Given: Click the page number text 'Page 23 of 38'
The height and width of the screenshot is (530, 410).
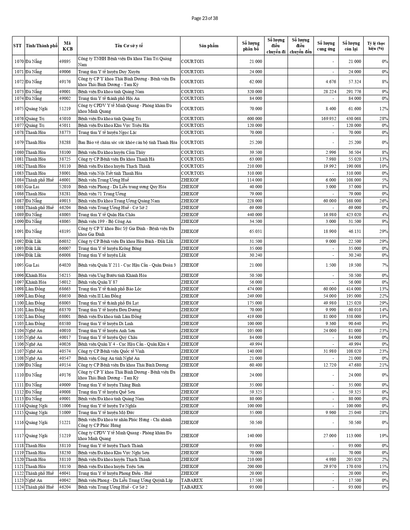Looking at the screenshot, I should point(205,18).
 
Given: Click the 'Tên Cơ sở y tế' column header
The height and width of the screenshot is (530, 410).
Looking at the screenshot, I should point(129,46).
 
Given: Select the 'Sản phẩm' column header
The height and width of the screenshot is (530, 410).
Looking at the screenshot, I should point(208,46).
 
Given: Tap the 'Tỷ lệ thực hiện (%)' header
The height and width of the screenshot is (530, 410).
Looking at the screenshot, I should point(376,46).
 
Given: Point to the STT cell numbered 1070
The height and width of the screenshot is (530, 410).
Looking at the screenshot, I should point(19,61).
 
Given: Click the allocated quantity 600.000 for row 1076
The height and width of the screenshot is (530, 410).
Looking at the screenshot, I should point(254,119).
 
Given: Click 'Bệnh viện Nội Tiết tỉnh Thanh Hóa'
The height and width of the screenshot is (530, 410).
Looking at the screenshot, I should point(110,173).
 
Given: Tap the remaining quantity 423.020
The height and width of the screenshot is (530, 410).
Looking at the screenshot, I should point(353,215).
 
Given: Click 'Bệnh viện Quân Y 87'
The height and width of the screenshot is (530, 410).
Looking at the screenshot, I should point(98,282).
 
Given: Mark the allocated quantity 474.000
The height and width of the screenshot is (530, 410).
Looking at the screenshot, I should point(254,289).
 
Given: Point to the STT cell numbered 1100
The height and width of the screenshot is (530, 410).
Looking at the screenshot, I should point(19,303).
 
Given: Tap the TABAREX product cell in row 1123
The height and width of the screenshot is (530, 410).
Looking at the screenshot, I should point(192,480).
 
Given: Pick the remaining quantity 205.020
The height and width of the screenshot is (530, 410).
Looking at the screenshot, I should point(353,459).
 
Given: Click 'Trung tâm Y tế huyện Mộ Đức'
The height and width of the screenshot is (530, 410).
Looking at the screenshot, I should point(106,412).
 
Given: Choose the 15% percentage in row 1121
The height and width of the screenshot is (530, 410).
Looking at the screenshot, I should point(384,466).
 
